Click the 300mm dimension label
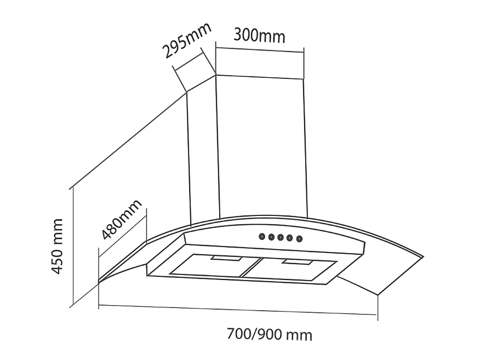259,36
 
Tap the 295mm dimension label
186,40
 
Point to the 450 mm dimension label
57,246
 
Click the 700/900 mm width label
270,334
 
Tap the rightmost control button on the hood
299,239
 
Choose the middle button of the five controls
281,238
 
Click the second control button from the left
271,237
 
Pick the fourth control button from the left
290,238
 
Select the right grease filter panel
289,269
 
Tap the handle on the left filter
226,259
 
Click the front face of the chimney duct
262,147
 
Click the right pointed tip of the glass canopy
424,257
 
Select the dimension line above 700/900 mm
238,310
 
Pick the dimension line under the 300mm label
260,50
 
